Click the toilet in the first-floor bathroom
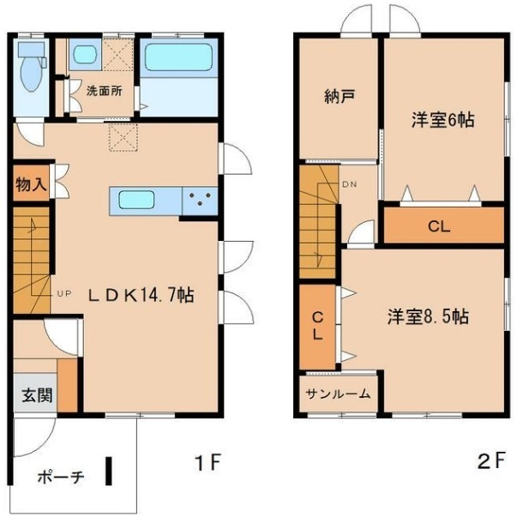pyautogui.click(x=31, y=69)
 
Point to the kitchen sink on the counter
pyautogui.click(x=136, y=201)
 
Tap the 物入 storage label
pyautogui.click(x=29, y=183)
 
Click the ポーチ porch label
pyautogui.click(x=60, y=478)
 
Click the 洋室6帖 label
pyautogui.click(x=442, y=121)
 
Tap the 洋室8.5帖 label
pyautogui.click(x=426, y=316)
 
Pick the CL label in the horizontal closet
pyautogui.click(x=440, y=228)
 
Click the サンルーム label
pyautogui.click(x=340, y=394)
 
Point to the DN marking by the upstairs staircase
pyautogui.click(x=350, y=184)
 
